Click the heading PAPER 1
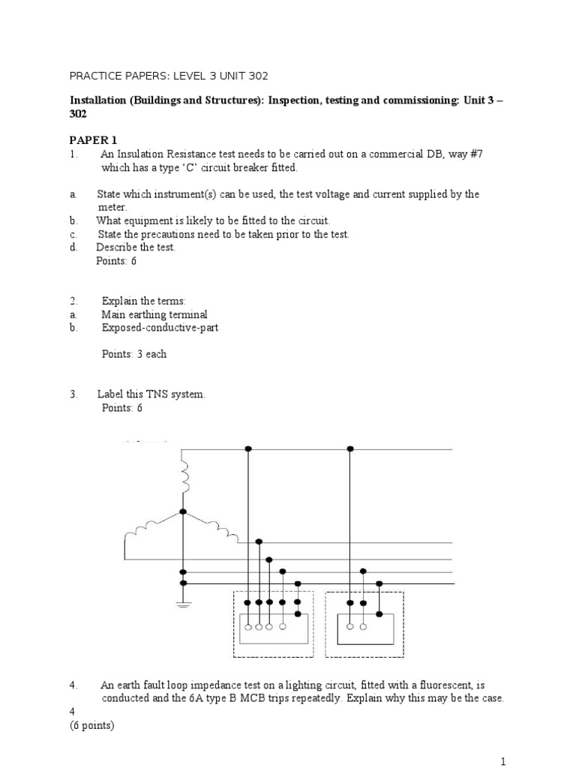94,140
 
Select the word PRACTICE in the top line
94,76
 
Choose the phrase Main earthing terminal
154,315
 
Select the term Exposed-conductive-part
160,328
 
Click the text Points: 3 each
134,354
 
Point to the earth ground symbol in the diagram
183,604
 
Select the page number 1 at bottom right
504,762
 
